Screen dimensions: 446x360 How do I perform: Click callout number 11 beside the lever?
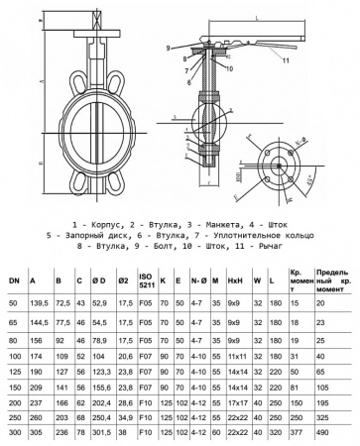287,60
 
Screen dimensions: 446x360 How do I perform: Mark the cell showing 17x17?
236,403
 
